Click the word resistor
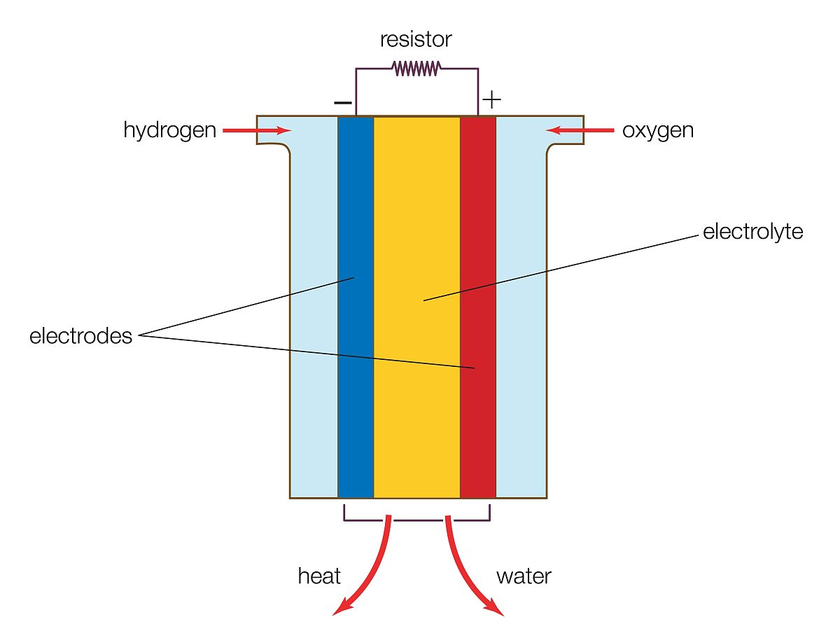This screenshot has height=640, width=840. point(416,39)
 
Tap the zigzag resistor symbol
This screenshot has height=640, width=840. point(416,68)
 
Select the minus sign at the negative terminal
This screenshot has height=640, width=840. point(343,102)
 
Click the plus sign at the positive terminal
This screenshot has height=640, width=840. point(492,99)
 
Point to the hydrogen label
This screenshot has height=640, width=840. point(169,130)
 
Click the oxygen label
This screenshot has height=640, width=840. point(658,130)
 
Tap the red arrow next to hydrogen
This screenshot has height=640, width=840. point(256,130)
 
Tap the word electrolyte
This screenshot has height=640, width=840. point(752,232)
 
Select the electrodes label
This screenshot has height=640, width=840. point(80,336)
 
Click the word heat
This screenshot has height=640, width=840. point(319,576)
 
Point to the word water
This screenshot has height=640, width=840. point(524,576)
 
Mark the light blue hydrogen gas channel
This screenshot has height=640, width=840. point(314,315)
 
